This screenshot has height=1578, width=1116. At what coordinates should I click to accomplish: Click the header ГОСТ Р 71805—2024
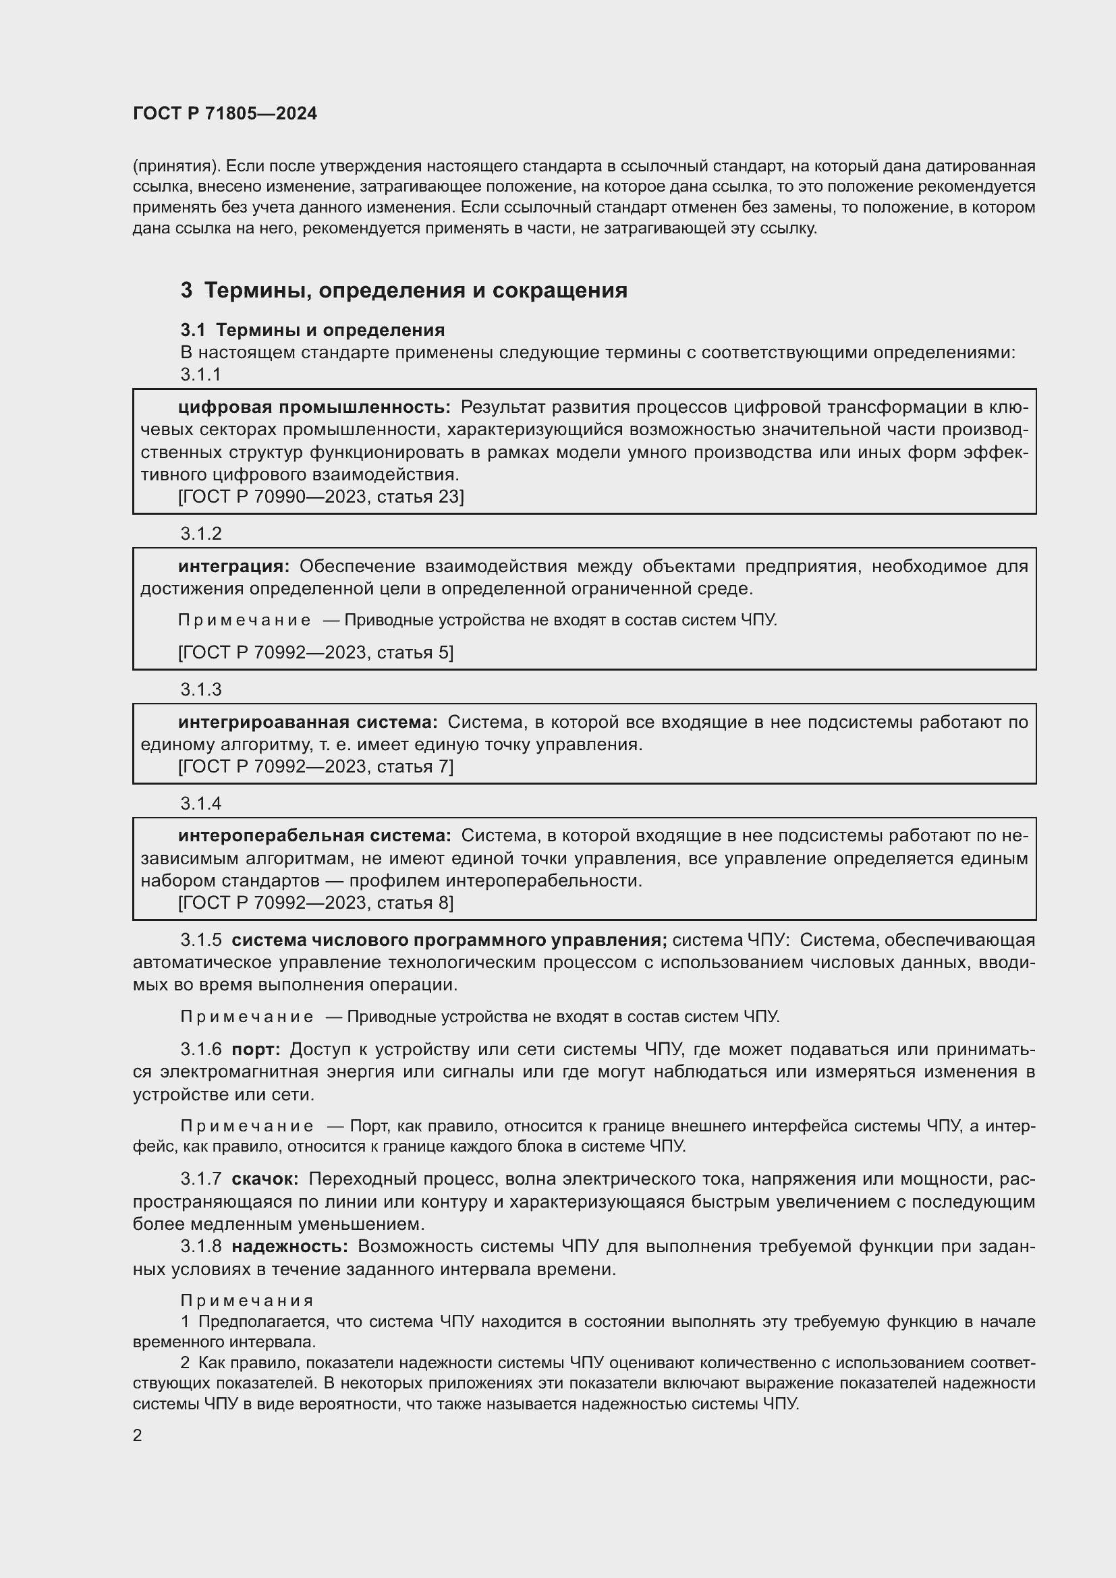pos(225,114)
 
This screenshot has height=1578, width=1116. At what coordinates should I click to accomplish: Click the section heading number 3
pos(186,291)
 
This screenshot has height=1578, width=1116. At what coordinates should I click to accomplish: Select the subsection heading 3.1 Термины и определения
pos(312,331)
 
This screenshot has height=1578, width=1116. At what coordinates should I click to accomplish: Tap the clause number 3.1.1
pos(200,374)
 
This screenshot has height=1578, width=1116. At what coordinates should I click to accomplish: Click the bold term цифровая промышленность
pos(314,407)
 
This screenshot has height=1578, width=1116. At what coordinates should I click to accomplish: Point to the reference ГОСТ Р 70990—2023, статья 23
pos(321,497)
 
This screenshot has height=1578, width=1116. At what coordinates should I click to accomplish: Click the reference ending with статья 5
pos(315,652)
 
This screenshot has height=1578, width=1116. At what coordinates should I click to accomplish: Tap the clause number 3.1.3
pos(200,689)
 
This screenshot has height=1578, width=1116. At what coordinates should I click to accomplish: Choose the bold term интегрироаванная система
pos(307,723)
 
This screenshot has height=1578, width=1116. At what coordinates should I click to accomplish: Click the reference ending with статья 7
pos(315,766)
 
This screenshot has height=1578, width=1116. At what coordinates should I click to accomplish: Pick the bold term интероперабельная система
pos(314,836)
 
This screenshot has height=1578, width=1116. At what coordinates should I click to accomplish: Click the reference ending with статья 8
pos(315,903)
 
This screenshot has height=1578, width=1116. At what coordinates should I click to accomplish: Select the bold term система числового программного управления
pos(449,940)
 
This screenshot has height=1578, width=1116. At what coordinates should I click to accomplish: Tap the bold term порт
pos(256,1050)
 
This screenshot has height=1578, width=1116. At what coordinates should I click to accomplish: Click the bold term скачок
pos(264,1179)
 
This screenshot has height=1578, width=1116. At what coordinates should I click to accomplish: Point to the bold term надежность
pos(289,1247)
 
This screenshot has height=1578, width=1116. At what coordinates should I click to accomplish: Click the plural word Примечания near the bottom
pos(247,1301)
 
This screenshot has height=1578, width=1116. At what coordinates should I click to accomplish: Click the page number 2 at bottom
pos(138,1436)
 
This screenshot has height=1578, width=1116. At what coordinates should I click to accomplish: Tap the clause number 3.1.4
pos(200,804)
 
